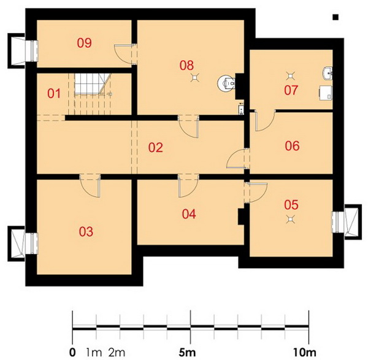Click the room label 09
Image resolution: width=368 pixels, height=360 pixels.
click(x=85, y=43)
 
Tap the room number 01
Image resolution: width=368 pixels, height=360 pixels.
click(x=54, y=94)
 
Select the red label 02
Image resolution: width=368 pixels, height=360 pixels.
click(x=156, y=148)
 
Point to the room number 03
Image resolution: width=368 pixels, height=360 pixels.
click(x=86, y=232)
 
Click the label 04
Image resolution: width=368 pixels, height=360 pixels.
click(x=189, y=214)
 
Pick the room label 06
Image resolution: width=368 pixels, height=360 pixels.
click(x=292, y=146)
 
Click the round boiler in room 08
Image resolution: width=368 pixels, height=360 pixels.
click(x=226, y=83)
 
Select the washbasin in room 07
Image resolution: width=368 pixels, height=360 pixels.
click(x=327, y=73)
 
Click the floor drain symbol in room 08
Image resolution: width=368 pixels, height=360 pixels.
click(x=195, y=77)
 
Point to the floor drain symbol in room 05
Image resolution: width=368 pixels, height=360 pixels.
click(x=291, y=219)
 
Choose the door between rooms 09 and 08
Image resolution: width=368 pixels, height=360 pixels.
click(x=125, y=54)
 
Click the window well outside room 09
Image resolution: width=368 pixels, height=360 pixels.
click(x=17, y=51)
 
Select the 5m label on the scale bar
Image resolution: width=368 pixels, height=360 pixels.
click(x=187, y=352)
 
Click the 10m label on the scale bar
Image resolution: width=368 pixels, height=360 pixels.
click(x=305, y=352)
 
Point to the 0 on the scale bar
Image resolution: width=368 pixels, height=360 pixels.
click(x=72, y=352)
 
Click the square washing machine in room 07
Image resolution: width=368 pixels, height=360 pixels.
click(x=326, y=93)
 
